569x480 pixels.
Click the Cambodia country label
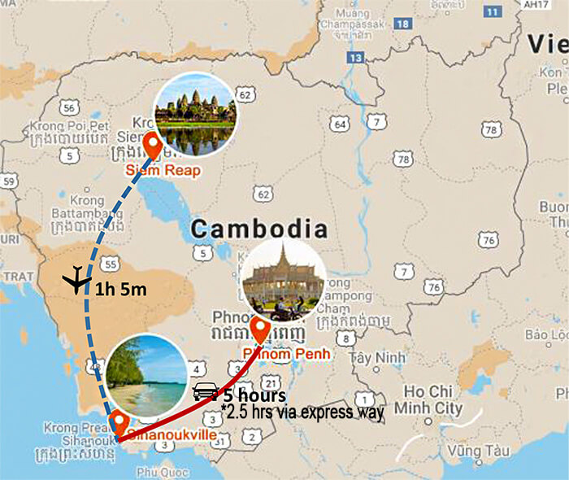click(258, 229)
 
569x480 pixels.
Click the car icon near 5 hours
click(206, 391)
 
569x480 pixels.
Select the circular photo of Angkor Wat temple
click(195, 115)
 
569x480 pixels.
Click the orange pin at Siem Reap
click(152, 147)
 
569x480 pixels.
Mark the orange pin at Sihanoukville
click(119, 423)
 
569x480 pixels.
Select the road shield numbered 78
click(490, 129)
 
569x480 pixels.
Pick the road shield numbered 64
click(339, 124)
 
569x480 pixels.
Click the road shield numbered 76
click(487, 239)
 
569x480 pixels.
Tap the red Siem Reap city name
click(162, 171)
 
